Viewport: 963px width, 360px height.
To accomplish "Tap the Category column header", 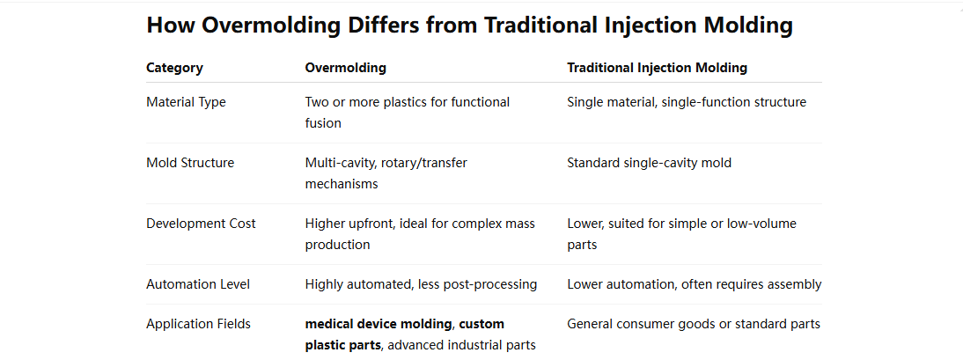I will click(x=174, y=68).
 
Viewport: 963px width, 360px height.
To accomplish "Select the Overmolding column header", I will click(x=345, y=68).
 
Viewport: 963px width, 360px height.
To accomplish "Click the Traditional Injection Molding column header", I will click(x=657, y=68).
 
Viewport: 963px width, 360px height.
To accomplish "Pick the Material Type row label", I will click(x=186, y=102).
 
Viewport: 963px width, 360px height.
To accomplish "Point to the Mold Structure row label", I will click(x=190, y=163).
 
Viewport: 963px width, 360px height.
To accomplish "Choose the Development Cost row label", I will click(x=201, y=224).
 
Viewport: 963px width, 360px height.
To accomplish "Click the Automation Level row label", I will click(x=198, y=284).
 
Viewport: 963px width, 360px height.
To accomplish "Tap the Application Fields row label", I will click(x=198, y=324).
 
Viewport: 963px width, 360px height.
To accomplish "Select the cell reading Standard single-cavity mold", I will click(x=649, y=163).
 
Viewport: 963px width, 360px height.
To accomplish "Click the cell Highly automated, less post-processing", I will click(x=420, y=284).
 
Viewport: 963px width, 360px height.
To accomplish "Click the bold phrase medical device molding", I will click(x=379, y=324).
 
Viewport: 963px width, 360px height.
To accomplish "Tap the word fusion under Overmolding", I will click(x=323, y=123).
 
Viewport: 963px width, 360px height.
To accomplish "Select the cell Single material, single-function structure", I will click(x=687, y=102).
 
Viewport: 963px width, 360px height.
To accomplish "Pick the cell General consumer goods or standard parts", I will click(x=694, y=324).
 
